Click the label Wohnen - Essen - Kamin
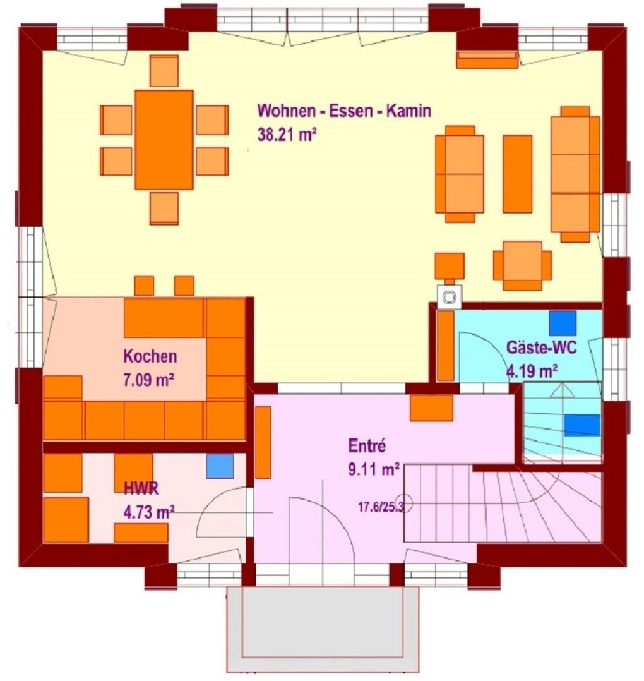coord(345,111)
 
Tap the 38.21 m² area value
coord(287,135)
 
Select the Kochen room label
coord(150,356)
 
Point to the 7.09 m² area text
coord(149,380)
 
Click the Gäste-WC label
coord(542,347)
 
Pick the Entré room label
coord(367,446)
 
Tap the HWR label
coord(141,489)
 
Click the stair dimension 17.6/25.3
coord(381,507)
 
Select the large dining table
coord(164,140)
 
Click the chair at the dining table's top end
coord(164,71)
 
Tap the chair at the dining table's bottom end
coord(164,208)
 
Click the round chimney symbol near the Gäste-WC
coord(449,298)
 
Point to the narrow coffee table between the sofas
coord(517,174)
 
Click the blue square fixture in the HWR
coord(220,466)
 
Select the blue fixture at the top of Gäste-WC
coord(563,323)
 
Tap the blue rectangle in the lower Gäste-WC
coord(582,425)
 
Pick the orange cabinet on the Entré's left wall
coord(263,443)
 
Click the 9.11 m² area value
coord(374,469)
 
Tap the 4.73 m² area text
coord(149,512)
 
